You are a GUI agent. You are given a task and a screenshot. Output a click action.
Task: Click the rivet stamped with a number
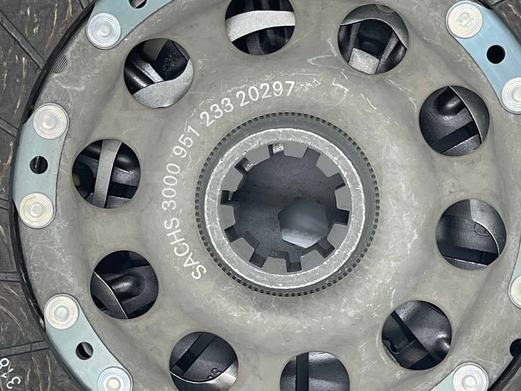tap(464, 20)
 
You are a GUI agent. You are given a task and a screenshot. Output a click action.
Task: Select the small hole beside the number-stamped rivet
tap(495, 54)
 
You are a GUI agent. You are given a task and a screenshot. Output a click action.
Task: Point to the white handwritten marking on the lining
tap(10, 367)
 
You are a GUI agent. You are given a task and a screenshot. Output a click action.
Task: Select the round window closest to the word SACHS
tap(124, 285)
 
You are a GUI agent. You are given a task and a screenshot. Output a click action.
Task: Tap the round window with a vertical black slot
tap(314, 372)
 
